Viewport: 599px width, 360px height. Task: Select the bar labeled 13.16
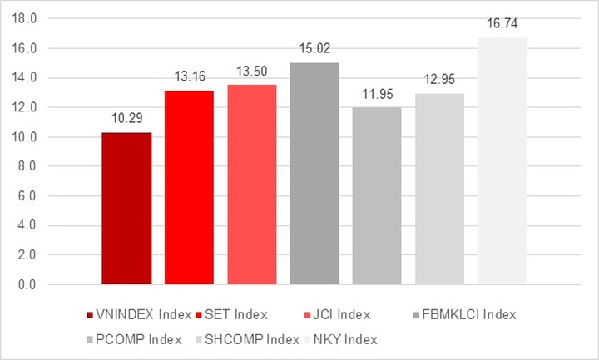189,187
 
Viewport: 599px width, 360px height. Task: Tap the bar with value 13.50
251,184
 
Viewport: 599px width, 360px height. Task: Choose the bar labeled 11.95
377,195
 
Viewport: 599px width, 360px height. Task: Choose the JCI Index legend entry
340,314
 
